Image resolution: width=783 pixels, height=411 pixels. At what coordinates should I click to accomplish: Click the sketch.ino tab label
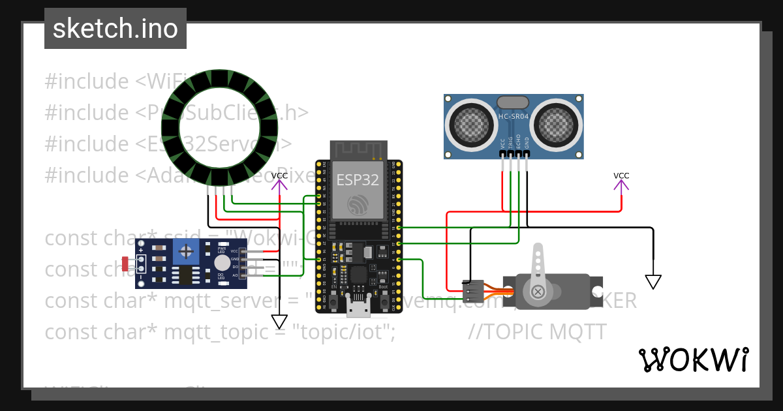[115, 29]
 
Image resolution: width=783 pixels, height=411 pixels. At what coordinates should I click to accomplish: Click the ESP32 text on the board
[357, 180]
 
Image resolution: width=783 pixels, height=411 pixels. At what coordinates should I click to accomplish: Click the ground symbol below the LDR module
[279, 322]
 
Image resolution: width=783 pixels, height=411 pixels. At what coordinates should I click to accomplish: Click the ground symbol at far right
[652, 282]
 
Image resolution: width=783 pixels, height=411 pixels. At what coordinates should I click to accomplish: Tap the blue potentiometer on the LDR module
[187, 251]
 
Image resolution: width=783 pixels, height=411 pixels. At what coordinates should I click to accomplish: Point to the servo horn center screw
[538, 291]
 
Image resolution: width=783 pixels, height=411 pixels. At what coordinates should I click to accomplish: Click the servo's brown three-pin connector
[473, 291]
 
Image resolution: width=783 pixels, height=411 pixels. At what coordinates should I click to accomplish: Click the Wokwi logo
[693, 359]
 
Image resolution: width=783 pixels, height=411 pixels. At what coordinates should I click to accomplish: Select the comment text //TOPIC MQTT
[537, 332]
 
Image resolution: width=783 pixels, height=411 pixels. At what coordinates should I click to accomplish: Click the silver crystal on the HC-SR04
[513, 102]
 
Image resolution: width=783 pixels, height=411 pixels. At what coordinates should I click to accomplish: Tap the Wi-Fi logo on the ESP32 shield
[358, 205]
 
